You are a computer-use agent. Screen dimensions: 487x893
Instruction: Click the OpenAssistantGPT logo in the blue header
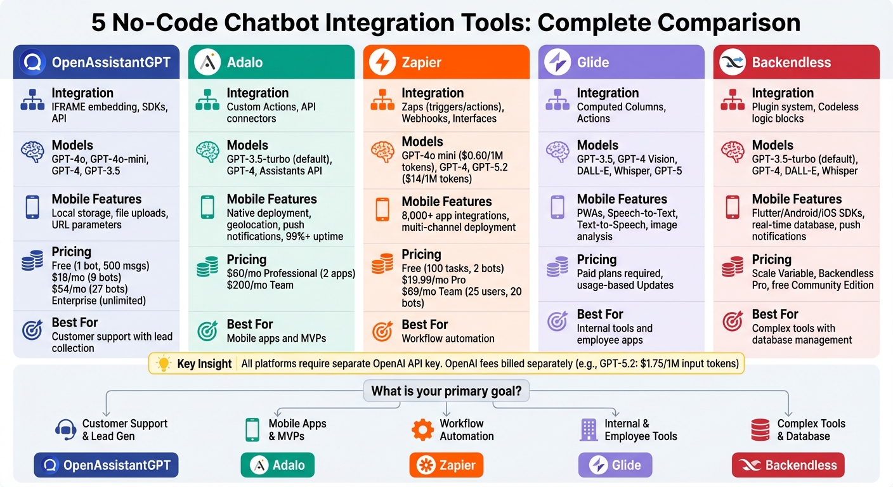click(33, 62)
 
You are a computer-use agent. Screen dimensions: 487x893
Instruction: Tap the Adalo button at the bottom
click(278, 465)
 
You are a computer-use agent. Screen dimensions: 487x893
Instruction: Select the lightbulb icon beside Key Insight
click(164, 364)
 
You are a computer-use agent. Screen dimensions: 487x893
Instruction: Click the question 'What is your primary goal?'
click(446, 391)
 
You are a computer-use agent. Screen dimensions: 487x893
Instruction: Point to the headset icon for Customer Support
click(65, 429)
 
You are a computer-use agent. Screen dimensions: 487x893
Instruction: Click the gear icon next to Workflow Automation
click(422, 429)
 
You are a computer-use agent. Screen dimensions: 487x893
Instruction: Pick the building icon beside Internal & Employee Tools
click(589, 429)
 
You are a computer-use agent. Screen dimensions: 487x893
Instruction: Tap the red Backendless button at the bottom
click(788, 465)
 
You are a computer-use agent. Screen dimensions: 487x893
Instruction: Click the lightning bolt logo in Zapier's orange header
click(382, 62)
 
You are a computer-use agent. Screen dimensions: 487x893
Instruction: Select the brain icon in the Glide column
click(557, 152)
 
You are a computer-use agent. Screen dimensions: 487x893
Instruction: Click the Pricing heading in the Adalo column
click(247, 259)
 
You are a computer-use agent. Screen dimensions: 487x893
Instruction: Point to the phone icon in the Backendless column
click(733, 207)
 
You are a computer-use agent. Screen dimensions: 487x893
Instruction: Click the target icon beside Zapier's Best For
click(382, 331)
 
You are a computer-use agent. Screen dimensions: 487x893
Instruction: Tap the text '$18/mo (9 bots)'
click(86, 278)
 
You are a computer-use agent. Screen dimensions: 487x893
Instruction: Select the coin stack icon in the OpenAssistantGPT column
click(32, 261)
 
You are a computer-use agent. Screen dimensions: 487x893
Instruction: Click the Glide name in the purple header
click(593, 62)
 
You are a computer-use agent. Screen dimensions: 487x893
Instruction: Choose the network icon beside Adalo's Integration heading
click(207, 100)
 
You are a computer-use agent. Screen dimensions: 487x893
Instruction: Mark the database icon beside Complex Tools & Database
click(760, 429)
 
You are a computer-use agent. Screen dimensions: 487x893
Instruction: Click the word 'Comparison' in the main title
click(729, 23)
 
